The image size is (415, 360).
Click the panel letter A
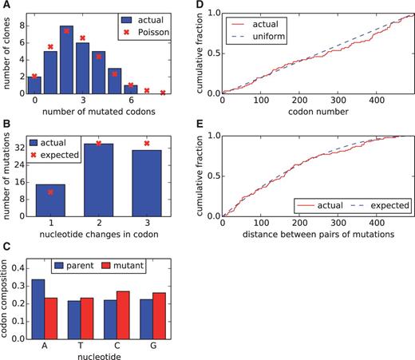[6, 6]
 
